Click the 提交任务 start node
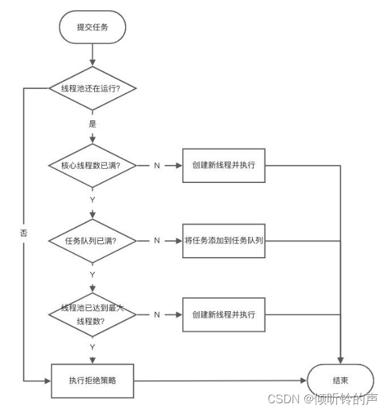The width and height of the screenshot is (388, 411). [93, 27]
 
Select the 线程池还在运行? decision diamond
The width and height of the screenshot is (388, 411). [93, 88]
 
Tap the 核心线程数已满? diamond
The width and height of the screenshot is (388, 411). [93, 166]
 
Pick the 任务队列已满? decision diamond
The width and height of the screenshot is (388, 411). [93, 241]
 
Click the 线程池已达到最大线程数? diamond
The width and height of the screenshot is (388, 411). [93, 314]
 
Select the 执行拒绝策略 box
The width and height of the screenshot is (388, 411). [93, 381]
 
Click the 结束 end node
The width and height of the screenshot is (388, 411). [340, 381]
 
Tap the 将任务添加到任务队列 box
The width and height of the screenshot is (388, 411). [224, 241]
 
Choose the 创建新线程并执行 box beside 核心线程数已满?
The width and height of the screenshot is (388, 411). [224, 166]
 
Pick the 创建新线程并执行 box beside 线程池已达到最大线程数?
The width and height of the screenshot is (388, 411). [224, 314]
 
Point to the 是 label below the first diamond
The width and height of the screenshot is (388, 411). [93, 124]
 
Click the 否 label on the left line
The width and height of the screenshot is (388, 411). [24, 233]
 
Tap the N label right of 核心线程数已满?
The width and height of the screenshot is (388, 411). [157, 166]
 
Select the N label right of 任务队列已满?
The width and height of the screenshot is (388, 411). [157, 240]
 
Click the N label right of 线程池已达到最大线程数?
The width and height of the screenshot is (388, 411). [157, 314]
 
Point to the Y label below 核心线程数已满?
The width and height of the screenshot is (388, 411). [93, 200]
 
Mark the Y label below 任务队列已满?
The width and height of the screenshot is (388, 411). [93, 274]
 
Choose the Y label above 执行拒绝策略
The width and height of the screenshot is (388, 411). [93, 347]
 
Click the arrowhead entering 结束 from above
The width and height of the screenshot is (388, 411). [340, 360]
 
